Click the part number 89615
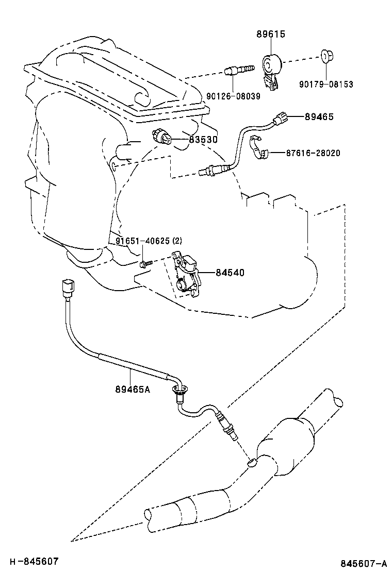[271, 35]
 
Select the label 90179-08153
[327, 85]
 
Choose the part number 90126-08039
[233, 96]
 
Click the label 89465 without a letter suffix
[319, 117]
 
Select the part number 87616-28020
[314, 153]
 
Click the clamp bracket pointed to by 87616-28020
[259, 147]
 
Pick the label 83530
[202, 139]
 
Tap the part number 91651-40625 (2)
[149, 241]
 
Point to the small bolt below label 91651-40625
[144, 264]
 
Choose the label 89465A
[133, 389]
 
